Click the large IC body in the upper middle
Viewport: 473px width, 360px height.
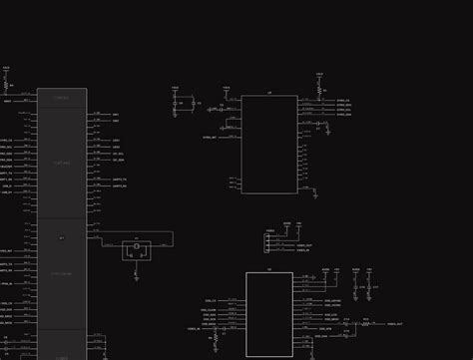[269, 144]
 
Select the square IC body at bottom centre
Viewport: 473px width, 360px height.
[269, 314]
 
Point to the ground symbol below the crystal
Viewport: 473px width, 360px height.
[136, 270]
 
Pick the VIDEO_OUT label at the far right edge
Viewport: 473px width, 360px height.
[395, 324]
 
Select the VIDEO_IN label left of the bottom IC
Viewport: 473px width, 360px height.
[194, 329]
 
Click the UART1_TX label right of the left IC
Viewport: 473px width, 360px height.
[118, 180]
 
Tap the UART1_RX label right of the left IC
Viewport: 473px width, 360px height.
[118, 186]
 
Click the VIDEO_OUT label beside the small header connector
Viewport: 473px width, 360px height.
[304, 245]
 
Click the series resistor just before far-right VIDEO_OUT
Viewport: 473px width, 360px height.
[365, 323]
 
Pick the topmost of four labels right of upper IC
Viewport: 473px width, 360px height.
[343, 100]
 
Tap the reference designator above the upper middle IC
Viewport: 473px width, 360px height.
[269, 93]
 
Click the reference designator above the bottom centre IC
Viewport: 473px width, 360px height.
[268, 270]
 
